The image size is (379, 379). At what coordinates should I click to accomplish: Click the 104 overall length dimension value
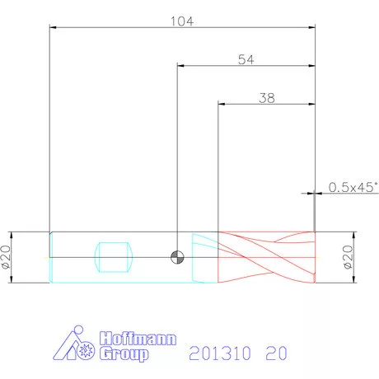pos(182,21)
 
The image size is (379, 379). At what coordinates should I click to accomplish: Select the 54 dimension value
pos(246,59)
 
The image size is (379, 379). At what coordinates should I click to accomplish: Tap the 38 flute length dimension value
pos(267,98)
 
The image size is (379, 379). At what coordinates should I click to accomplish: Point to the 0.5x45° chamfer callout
pos(353,187)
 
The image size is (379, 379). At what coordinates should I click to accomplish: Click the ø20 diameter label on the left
pos(6,257)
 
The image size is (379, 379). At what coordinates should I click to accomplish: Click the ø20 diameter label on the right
pos(348,257)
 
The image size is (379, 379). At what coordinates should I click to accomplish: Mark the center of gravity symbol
pos(177,257)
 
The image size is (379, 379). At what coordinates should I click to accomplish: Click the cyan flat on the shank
pos(114,257)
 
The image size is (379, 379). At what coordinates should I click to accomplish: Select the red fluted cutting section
pos(266,257)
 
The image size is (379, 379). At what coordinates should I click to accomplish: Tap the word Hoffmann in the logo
pos(138,339)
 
